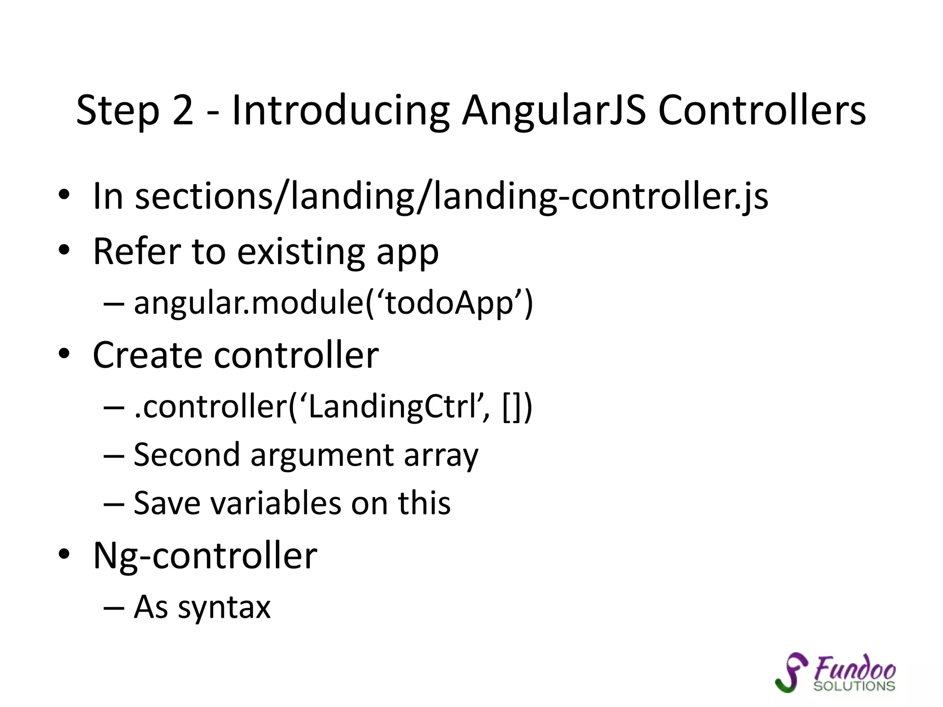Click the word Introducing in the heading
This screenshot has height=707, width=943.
(x=340, y=111)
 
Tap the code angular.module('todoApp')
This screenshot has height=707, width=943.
(x=333, y=303)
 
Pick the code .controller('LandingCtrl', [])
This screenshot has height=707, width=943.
(x=333, y=407)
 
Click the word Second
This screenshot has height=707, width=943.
(x=186, y=455)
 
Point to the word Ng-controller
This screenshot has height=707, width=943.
(x=205, y=556)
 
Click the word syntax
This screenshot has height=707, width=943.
(x=224, y=608)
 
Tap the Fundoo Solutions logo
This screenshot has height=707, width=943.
(x=835, y=673)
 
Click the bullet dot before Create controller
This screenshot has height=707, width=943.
(x=64, y=354)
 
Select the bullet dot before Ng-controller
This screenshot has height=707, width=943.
(x=64, y=555)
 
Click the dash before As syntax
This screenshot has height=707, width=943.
(x=114, y=608)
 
